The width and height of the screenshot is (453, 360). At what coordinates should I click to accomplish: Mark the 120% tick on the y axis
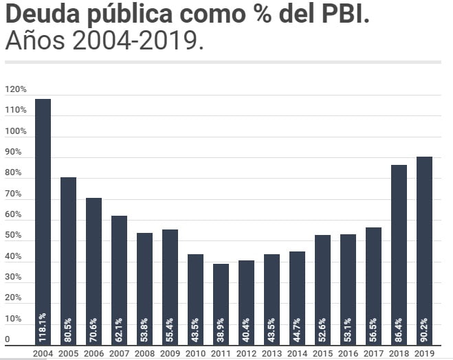click(x=16, y=89)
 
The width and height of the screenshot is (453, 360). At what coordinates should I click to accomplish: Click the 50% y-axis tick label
click(x=14, y=236)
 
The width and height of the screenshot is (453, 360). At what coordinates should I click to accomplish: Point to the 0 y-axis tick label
click(x=8, y=340)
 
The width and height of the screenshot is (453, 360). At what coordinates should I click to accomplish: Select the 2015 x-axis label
click(x=322, y=353)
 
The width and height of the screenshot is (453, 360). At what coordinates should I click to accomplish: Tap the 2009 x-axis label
click(x=170, y=353)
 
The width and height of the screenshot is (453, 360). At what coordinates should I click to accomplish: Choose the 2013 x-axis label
click(x=272, y=353)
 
